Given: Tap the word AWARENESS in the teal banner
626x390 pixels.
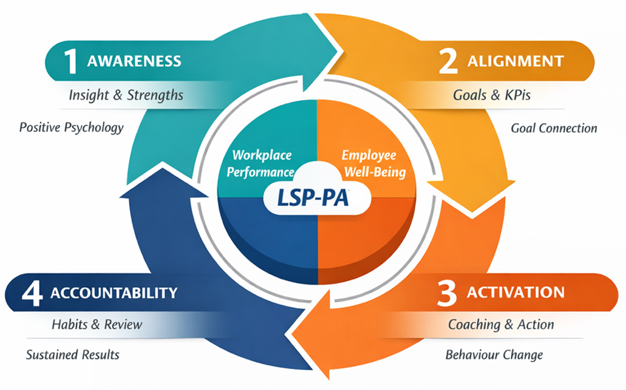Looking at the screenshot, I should [x=134, y=61].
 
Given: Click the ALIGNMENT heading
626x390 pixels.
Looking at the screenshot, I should [x=515, y=61].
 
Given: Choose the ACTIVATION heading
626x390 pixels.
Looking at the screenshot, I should [x=515, y=292].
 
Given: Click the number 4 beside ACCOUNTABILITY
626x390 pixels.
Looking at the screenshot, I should [x=33, y=293].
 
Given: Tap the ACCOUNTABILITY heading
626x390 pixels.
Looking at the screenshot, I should [x=113, y=293].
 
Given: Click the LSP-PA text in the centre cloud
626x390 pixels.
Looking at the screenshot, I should [x=314, y=198].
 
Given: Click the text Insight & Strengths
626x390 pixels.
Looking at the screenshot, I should [x=126, y=95].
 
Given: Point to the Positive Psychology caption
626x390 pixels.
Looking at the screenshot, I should [x=71, y=127].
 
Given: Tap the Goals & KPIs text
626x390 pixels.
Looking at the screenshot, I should [x=492, y=95].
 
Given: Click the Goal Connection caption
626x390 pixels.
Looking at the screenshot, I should [x=554, y=128].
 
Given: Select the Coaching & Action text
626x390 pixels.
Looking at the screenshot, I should [x=501, y=325].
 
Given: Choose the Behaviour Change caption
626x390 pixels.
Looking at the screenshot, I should [x=494, y=355].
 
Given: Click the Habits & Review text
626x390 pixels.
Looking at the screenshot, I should [x=97, y=325].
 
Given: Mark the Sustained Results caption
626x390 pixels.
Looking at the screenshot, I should [x=73, y=355].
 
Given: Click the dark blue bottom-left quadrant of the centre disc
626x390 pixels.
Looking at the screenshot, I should [x=265, y=237].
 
